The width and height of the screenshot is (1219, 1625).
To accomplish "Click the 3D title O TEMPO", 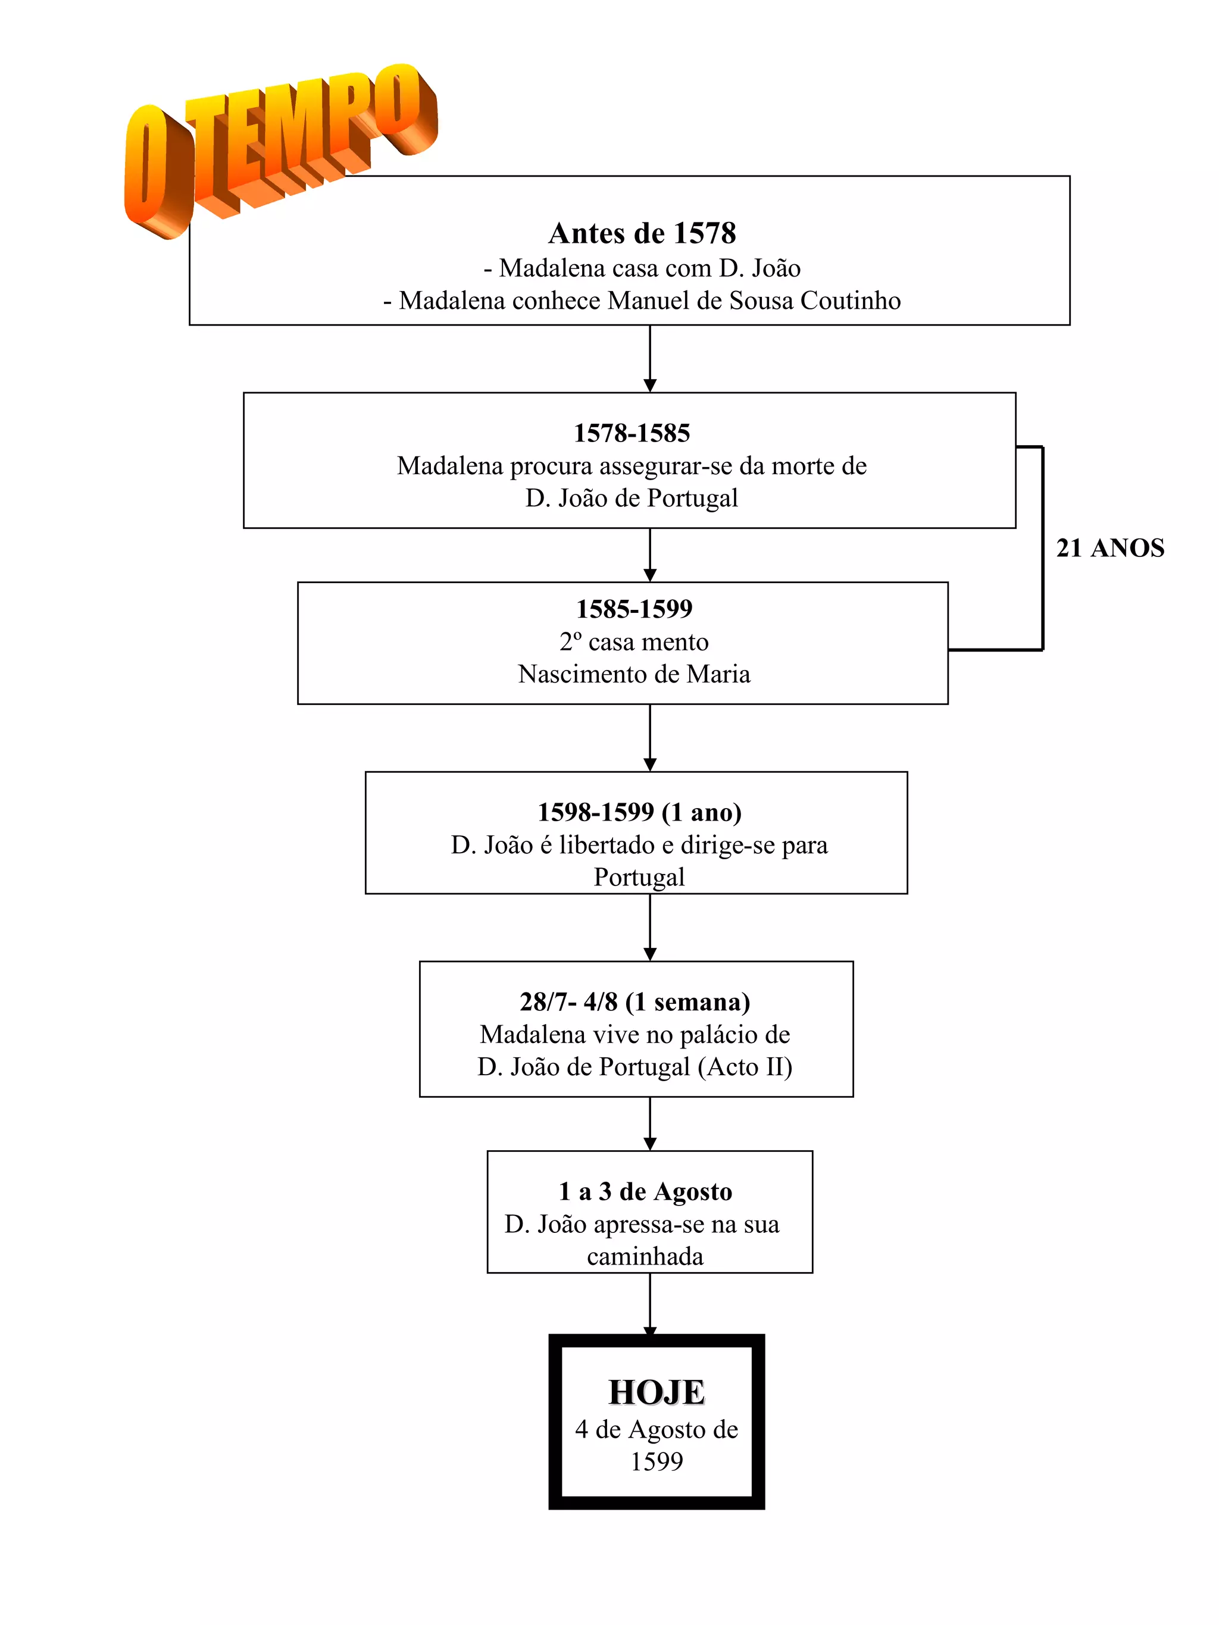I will [x=279, y=147].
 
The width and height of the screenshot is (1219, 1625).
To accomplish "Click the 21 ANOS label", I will [x=1109, y=548].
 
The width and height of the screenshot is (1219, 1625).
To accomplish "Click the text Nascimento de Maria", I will [x=633, y=674].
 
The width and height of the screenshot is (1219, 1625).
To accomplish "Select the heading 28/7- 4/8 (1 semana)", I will [x=635, y=1001].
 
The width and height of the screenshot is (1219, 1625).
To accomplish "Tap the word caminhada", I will [x=645, y=1256].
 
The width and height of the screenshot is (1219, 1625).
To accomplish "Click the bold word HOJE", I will [x=656, y=1392].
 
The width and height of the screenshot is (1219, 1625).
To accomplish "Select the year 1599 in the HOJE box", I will [x=656, y=1461].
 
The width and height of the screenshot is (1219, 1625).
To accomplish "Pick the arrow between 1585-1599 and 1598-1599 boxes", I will [x=649, y=738].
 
